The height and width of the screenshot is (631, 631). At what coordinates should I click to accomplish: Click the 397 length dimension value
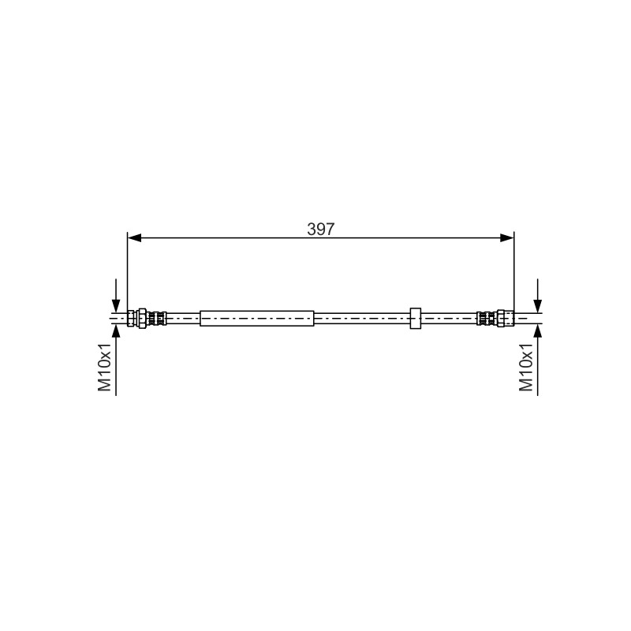coord(320,229)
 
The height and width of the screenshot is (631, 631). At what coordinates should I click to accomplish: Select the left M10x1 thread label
coord(105,367)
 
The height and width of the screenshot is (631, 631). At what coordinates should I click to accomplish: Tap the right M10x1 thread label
coord(526,367)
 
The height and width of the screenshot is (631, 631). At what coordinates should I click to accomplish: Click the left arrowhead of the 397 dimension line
coord(134,238)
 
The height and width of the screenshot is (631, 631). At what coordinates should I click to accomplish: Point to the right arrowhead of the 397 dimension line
coord(507,238)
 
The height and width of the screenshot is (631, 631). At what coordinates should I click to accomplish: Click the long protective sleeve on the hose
coord(257,319)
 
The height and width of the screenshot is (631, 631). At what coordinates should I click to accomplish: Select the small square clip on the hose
coord(416,319)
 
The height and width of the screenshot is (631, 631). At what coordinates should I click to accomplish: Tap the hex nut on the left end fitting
coord(142,319)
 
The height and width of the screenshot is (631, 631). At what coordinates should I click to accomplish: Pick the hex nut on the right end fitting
coord(501,319)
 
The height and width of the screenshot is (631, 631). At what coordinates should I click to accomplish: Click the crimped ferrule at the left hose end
coord(157,319)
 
